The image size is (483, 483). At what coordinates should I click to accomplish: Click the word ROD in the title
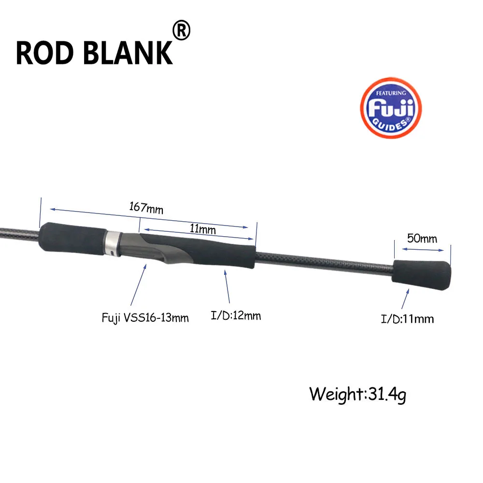coord(44,53)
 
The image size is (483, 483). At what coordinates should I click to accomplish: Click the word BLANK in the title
coord(128,53)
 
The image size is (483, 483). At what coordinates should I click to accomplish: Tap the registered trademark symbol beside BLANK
coord(182,30)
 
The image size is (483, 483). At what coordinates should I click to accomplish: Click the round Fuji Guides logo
coord(391,108)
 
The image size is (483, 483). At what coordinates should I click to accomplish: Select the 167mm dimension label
coord(146,208)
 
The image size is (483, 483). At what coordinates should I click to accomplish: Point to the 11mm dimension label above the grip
coord(202,229)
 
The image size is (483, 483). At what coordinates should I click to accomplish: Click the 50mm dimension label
coord(422,239)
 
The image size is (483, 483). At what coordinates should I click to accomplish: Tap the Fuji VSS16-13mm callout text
coord(145,318)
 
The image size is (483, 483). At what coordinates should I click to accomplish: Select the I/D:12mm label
coord(236,315)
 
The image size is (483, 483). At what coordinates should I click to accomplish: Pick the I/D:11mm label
coord(407,319)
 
